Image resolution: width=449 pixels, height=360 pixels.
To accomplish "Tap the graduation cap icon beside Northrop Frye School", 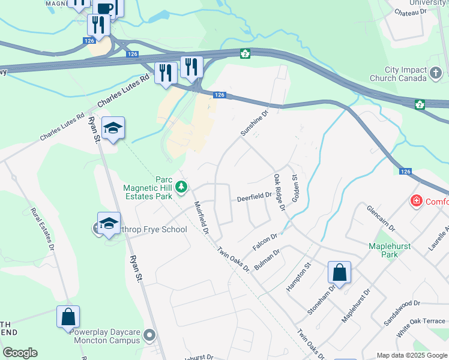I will tap(109, 223).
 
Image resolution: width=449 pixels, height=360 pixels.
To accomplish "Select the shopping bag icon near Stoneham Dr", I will tap(339, 272).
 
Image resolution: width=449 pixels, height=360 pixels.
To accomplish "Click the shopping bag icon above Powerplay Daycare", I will tap(68, 316).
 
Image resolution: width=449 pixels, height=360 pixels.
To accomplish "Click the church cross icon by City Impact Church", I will tap(436, 74).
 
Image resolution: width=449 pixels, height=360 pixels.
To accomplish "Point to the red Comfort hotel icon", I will tap(415, 201).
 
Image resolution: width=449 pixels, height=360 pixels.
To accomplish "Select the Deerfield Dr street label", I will tap(254, 197).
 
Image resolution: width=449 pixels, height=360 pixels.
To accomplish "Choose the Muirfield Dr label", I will tap(201, 217).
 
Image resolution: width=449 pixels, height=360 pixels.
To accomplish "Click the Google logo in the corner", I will tap(20, 353).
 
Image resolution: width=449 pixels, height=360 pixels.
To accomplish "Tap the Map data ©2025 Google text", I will tap(412, 355).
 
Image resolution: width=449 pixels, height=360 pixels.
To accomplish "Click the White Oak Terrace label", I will tap(424, 322).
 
